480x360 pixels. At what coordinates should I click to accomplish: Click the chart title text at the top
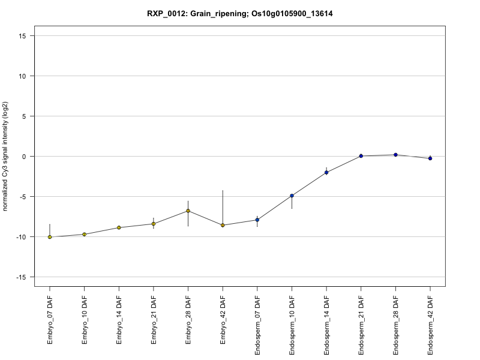click(240, 13)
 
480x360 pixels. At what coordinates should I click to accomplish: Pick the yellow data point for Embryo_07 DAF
click(50, 237)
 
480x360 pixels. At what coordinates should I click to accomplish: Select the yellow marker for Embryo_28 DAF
click(188, 211)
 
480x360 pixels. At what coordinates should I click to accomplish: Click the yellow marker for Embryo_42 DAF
click(223, 225)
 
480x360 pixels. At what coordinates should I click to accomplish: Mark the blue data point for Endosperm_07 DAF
click(257, 220)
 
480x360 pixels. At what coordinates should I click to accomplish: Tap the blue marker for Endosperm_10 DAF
click(292, 196)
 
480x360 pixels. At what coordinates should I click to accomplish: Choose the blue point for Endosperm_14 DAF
click(326, 172)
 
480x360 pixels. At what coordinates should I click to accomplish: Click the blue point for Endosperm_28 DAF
click(396, 155)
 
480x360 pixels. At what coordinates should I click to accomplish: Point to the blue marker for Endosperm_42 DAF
click(430, 158)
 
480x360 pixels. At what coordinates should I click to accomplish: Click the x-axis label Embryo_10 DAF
click(85, 321)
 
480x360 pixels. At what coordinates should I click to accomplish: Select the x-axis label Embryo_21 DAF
click(154, 321)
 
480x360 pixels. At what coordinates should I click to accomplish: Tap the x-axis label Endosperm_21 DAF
click(361, 324)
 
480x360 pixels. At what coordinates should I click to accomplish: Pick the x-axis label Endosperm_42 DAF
click(431, 324)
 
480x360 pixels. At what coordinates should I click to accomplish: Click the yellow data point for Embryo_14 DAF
click(119, 227)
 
